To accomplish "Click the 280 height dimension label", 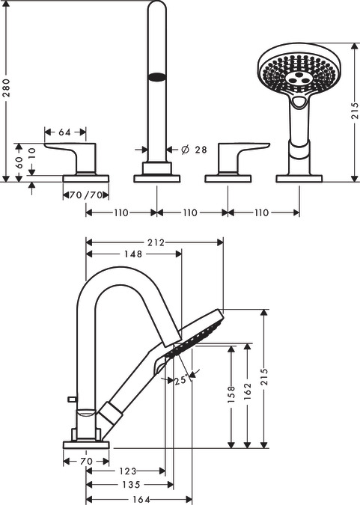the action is (x=7, y=88).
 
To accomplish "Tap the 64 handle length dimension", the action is (x=64, y=132).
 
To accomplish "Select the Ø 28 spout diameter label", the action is (x=194, y=150).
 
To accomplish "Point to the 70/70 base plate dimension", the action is (x=86, y=195).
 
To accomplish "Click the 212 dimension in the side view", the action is (x=156, y=242).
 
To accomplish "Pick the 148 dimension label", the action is (x=133, y=254).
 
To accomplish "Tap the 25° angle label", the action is (x=181, y=380).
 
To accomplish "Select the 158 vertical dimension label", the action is (x=231, y=394).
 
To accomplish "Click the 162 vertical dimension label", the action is (x=247, y=391).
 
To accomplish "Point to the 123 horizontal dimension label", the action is (x=128, y=471).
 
